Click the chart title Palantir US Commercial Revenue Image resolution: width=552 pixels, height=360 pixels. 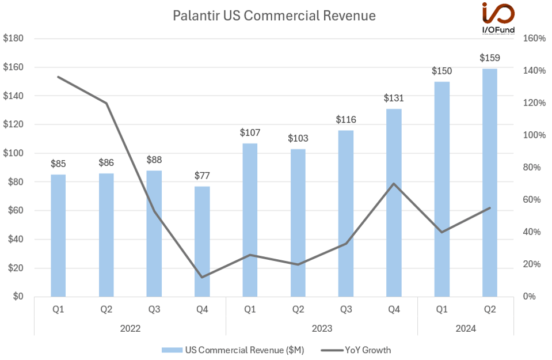(274, 16)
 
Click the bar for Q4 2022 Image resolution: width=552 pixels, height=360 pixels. (202, 241)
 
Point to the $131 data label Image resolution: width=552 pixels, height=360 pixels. (394, 98)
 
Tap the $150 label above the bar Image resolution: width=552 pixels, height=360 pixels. (441, 71)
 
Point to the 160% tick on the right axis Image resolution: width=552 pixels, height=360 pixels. (534, 39)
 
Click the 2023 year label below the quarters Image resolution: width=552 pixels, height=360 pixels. (322, 328)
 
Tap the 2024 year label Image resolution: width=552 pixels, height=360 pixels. (466, 328)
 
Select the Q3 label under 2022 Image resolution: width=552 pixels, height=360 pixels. (154, 310)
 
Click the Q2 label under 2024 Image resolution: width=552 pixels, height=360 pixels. (490, 310)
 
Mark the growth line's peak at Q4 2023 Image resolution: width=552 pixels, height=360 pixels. (394, 184)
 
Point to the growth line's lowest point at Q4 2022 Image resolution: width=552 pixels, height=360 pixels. (202, 277)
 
